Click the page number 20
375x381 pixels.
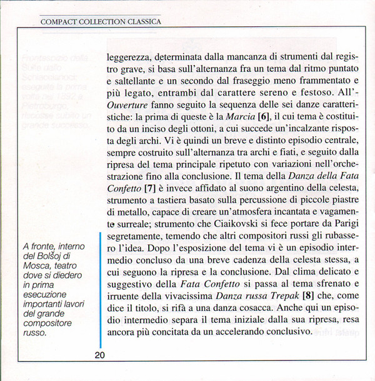[x=100, y=355]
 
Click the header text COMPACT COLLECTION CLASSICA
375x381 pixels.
[x=101, y=22]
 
